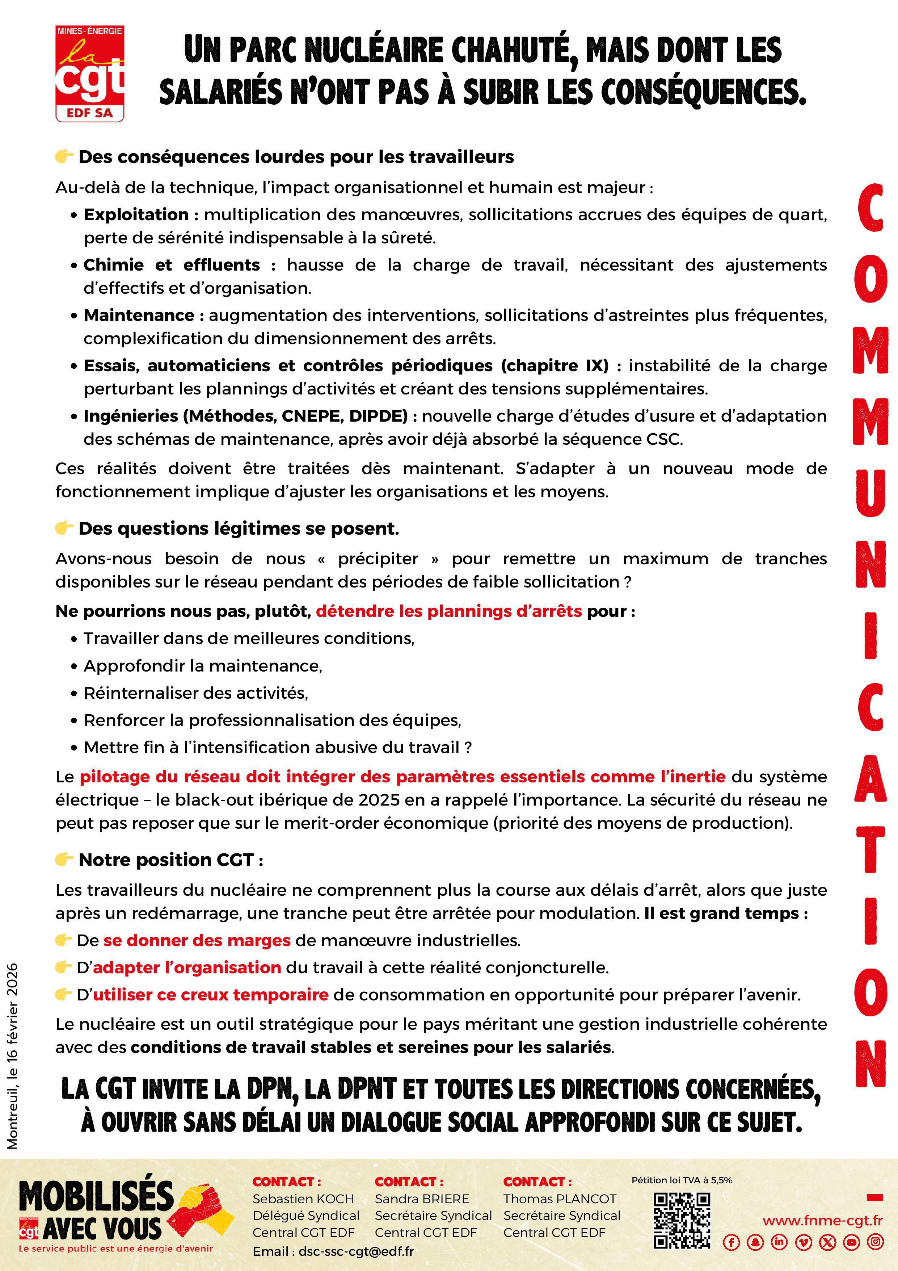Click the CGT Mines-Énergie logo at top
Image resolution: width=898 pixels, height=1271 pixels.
(90, 73)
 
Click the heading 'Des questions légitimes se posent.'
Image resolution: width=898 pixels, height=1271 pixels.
(239, 529)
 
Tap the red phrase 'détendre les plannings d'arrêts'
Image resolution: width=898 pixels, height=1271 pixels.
(449, 611)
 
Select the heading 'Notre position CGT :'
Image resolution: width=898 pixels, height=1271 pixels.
(170, 860)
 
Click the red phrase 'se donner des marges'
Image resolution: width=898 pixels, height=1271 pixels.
(197, 940)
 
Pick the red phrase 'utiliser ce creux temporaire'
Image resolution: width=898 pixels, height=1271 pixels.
(211, 994)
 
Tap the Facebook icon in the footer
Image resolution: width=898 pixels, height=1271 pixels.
(731, 1242)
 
